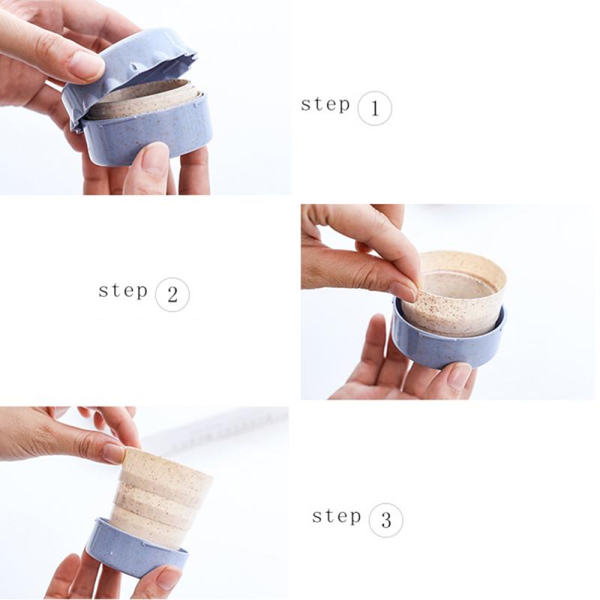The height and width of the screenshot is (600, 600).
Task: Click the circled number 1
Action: coord(374,109)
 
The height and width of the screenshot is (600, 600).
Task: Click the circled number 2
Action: coord(172,295)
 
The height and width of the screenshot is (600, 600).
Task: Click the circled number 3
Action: coord(385,520)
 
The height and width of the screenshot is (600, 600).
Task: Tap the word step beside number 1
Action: coord(325,104)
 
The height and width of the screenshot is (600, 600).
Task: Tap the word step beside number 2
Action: coord(123,290)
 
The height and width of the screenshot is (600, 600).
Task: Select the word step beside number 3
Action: coord(336,516)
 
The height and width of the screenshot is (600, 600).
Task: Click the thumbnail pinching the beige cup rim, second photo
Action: coord(404,289)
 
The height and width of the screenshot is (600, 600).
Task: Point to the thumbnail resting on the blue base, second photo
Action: coord(458,374)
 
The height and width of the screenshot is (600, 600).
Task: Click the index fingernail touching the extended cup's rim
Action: coord(114,453)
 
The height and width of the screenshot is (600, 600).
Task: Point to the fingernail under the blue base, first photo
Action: coord(154,159)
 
